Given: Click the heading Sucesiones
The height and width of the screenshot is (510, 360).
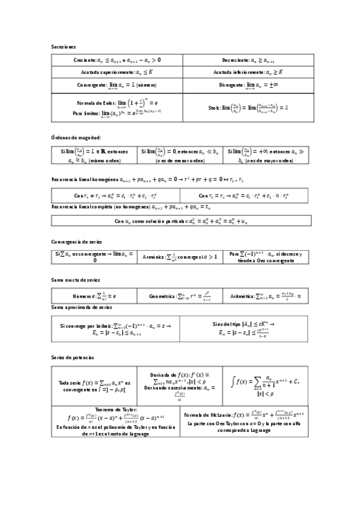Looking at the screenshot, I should [63, 47].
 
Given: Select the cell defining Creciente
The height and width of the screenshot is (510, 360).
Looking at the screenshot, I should [117, 60].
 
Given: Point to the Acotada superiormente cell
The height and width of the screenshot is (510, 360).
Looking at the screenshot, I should [117, 72].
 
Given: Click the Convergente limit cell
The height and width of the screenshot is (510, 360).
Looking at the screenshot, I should [117, 85].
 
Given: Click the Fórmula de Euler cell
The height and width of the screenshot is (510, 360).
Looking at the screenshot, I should [117, 107].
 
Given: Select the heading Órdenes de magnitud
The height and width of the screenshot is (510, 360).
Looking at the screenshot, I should [75, 138].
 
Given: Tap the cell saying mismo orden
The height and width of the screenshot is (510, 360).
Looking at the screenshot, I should [94, 156].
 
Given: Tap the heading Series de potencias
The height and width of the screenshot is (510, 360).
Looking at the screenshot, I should [73, 357].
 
